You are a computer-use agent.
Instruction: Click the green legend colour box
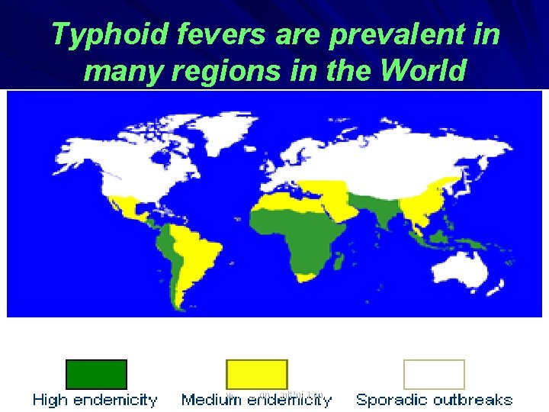[96, 374]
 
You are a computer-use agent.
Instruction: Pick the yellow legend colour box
[257, 374]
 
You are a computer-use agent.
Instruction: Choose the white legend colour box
[434, 374]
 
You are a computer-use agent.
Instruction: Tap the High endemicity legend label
[95, 400]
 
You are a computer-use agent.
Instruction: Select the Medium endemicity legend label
[257, 400]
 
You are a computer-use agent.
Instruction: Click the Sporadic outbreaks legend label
[434, 400]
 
